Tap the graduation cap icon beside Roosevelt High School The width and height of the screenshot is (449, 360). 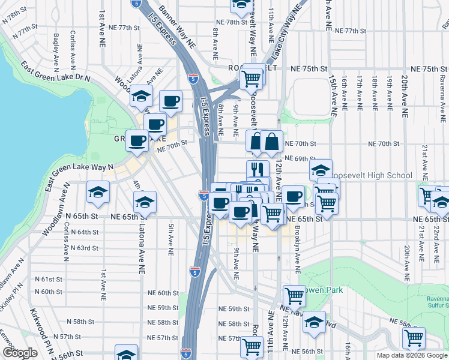point(321,169)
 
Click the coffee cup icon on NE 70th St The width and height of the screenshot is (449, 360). point(137,141)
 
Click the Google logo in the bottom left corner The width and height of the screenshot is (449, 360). point(20,353)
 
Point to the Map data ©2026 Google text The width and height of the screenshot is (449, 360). point(412,355)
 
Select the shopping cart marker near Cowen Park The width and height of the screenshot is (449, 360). point(294,295)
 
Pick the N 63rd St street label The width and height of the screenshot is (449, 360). point(83,248)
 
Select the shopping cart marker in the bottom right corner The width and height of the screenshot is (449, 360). point(414,338)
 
